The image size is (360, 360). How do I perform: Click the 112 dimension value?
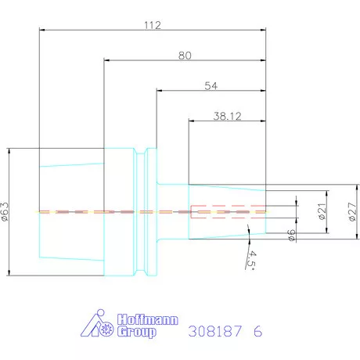click(153, 25)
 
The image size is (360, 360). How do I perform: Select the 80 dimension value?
click(185, 56)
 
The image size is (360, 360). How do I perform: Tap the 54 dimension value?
click(211, 86)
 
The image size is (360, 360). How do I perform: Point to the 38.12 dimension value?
click(227, 116)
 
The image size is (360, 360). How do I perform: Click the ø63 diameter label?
click(5, 212)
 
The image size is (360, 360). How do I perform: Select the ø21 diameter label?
click(322, 211)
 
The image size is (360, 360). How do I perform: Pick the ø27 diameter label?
click(352, 211)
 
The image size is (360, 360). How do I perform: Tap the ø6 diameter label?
click(291, 235)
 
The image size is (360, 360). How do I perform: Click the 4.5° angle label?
click(252, 261)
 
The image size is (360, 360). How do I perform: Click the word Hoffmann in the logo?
click(148, 319)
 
